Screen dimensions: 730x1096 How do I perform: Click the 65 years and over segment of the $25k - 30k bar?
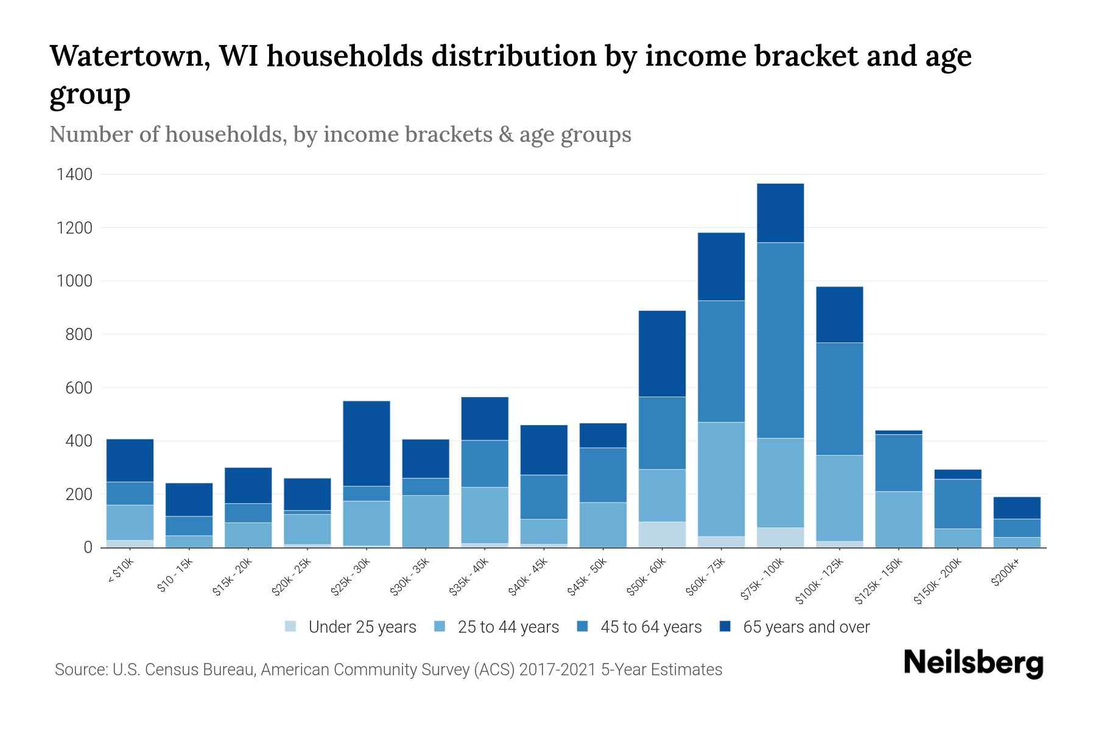(x=366, y=443)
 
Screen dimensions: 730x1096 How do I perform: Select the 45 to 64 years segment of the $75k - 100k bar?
(x=780, y=340)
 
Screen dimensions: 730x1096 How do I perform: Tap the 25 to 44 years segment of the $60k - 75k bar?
(x=721, y=479)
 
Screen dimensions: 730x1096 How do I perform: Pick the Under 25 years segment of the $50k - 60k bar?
(x=662, y=534)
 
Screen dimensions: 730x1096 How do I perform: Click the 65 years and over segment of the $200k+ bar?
(x=1017, y=507)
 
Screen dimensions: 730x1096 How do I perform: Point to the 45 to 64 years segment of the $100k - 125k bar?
(x=839, y=398)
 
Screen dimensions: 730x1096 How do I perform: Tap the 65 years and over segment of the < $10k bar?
(x=130, y=460)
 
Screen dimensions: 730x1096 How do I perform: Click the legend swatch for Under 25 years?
(x=290, y=627)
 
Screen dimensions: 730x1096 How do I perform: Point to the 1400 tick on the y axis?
(x=74, y=175)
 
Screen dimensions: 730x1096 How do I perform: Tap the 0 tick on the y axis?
(x=88, y=547)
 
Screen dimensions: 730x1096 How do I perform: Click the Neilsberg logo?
(x=973, y=663)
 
